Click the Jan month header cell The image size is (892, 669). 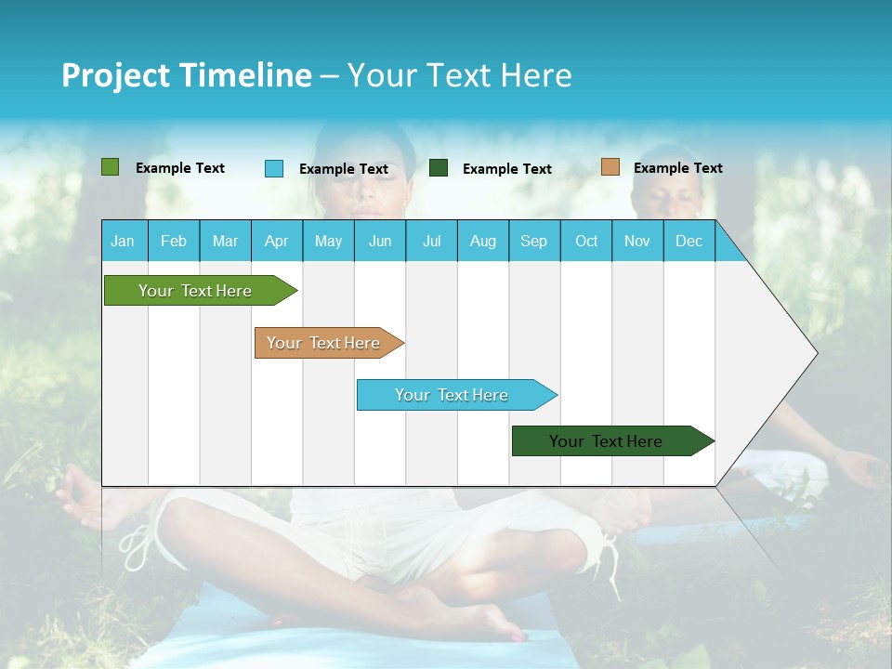[x=124, y=241]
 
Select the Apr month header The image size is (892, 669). [x=277, y=241]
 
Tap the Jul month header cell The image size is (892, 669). [x=431, y=241]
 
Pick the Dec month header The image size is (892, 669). [x=689, y=241]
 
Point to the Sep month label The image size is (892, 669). [x=533, y=241]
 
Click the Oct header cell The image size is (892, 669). [x=586, y=241]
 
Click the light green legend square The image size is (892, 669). [x=111, y=167]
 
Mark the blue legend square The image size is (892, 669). [x=274, y=168]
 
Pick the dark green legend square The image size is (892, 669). [x=439, y=168]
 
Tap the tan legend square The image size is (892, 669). [x=610, y=167]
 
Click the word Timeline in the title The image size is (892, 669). [x=245, y=75]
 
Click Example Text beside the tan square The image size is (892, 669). [x=677, y=168]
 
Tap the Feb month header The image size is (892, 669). [x=174, y=241]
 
